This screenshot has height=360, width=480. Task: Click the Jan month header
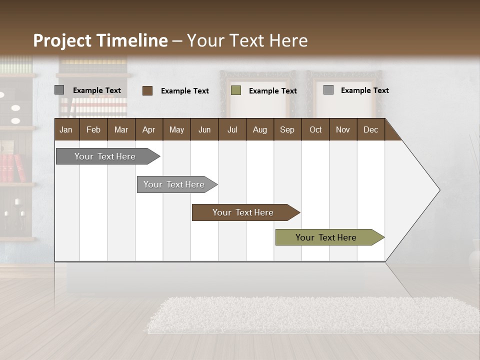pyautogui.click(x=66, y=129)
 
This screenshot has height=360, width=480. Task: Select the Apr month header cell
pyautogui.click(x=148, y=129)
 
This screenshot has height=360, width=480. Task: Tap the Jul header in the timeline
pyautogui.click(x=232, y=129)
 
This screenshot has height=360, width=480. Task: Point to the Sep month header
pyautogui.click(x=287, y=129)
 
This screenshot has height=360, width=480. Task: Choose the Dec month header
pyautogui.click(x=370, y=129)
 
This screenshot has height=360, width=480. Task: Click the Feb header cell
pyautogui.click(x=93, y=129)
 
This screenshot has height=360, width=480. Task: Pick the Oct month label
pyautogui.click(x=315, y=129)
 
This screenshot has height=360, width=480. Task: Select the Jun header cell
pyautogui.click(x=204, y=129)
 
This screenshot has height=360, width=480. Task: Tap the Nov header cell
pyautogui.click(x=342, y=129)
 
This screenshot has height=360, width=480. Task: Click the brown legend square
pyautogui.click(x=147, y=90)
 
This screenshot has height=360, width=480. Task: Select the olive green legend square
pyautogui.click(x=236, y=90)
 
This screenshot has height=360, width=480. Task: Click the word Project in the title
pyautogui.click(x=63, y=40)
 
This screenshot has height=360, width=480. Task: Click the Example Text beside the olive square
pyautogui.click(x=272, y=91)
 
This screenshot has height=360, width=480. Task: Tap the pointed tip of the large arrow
pyautogui.click(x=438, y=189)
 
